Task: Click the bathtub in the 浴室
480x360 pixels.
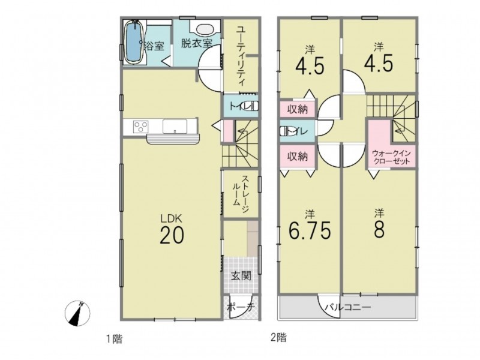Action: tap(133, 43)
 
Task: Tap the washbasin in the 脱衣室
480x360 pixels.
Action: tap(205, 29)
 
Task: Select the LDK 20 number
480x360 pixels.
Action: tap(172, 235)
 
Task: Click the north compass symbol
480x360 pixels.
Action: tap(78, 313)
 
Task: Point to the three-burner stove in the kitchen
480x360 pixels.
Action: tap(141, 127)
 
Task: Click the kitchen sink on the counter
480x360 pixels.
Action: tap(175, 127)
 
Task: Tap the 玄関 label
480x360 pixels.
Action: tap(241, 276)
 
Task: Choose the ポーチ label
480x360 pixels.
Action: tap(241, 307)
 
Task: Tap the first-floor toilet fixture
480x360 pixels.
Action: tap(251, 106)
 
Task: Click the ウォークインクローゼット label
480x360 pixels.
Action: tap(391, 157)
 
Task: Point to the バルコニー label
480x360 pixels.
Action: tap(348, 307)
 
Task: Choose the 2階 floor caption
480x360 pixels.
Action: tap(278, 338)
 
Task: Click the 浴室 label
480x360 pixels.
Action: tap(154, 47)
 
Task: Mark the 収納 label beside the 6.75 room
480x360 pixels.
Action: tap(297, 157)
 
